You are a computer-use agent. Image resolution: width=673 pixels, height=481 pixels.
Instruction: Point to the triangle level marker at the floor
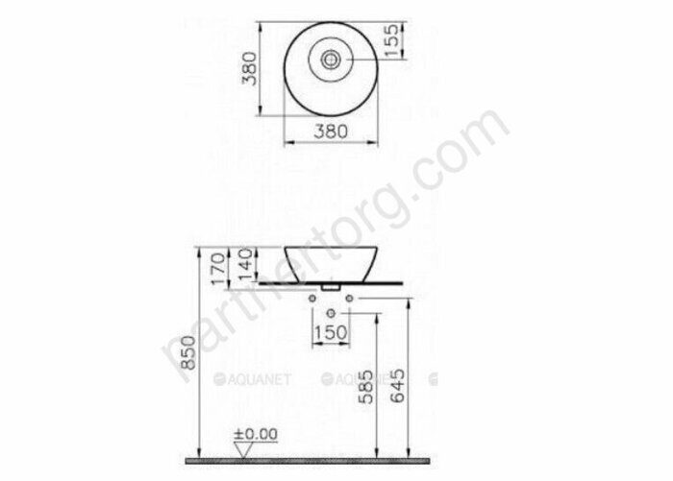coord(246,449)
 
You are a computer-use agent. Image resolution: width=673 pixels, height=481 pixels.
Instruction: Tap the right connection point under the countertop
coord(348,299)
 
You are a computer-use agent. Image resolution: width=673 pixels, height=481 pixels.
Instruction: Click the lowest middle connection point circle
coord(332,314)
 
